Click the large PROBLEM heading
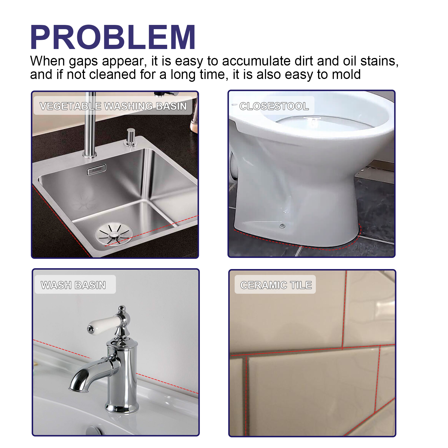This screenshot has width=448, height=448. [113, 37]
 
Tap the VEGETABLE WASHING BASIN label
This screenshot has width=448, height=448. [113, 106]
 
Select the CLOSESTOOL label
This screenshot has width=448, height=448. [274, 106]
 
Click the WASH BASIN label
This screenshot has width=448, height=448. [73, 285]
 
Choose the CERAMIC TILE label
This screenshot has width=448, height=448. [276, 285]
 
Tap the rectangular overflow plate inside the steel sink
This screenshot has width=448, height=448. [96, 169]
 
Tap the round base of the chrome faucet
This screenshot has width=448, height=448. [122, 407]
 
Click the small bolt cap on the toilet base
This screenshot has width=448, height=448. [282, 226]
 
